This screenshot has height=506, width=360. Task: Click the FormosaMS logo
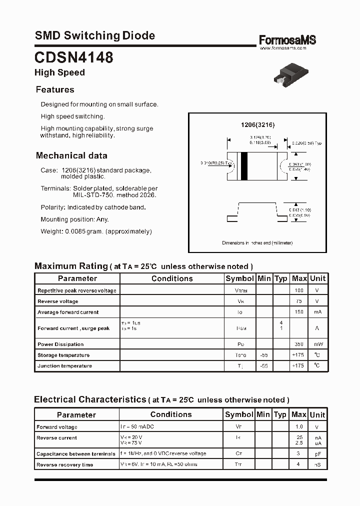(x=287, y=40)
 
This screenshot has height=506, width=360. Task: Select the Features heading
(x=55, y=90)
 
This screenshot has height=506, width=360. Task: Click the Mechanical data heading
(x=71, y=155)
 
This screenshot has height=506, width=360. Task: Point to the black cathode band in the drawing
(x=244, y=165)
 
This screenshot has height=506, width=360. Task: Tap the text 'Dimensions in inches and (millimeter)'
(x=257, y=242)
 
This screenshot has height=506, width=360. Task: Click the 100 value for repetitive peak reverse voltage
(x=299, y=290)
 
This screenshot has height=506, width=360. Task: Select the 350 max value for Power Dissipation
(x=299, y=344)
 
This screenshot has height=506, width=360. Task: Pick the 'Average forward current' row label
(x=68, y=312)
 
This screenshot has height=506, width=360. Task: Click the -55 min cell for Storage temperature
(x=264, y=355)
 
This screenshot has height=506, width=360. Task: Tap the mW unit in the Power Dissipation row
(x=317, y=344)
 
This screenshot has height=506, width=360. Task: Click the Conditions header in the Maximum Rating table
(x=172, y=278)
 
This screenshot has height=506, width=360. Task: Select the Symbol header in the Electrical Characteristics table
(x=239, y=414)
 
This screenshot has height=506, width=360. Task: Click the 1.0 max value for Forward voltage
(x=299, y=427)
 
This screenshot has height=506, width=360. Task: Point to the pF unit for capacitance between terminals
(x=317, y=454)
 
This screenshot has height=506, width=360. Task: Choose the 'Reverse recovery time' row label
(x=64, y=465)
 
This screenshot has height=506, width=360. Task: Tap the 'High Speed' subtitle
(x=59, y=72)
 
